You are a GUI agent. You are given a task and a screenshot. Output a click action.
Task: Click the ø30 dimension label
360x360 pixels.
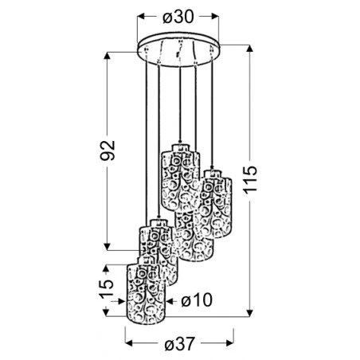pyautogui.click(x=178, y=17)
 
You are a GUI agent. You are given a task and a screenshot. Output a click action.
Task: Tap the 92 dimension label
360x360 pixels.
pyautogui.click(x=108, y=151)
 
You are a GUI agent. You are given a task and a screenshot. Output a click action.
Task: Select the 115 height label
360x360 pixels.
pyautogui.click(x=250, y=180)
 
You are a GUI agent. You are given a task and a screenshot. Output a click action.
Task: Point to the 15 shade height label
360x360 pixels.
pyautogui.click(x=106, y=289)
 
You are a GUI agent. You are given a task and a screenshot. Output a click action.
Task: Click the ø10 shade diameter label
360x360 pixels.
pyautogui.click(x=197, y=300)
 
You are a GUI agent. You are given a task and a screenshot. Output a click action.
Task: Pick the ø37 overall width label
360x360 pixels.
pyautogui.click(x=180, y=344)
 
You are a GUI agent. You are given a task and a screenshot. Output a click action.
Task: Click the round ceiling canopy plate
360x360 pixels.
pyautogui.click(x=178, y=49)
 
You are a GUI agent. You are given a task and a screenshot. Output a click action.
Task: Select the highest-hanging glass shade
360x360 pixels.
pyautogui.click(x=181, y=178)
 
